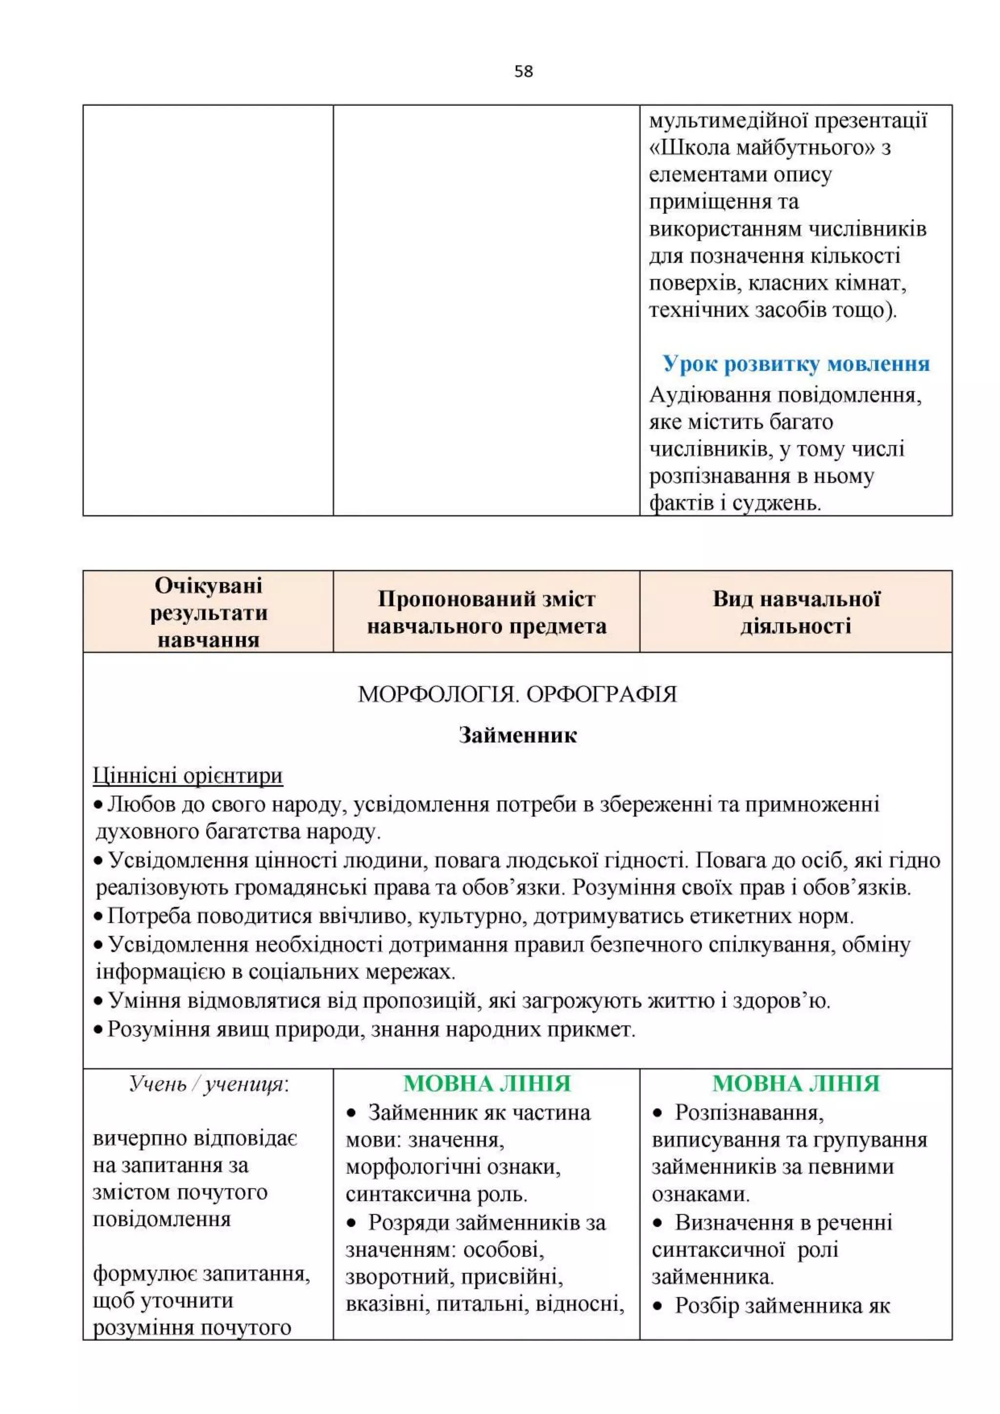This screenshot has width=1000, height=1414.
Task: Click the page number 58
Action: click(523, 71)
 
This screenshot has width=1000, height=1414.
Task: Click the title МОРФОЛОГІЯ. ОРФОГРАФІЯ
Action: click(517, 694)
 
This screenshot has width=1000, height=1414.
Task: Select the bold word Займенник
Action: click(517, 735)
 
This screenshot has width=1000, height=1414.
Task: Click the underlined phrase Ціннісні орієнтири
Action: click(188, 775)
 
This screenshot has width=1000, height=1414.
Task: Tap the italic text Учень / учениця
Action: click(208, 1084)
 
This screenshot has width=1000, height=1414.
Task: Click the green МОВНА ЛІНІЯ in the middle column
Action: click(486, 1084)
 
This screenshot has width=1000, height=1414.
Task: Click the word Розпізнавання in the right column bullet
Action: click(749, 1113)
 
